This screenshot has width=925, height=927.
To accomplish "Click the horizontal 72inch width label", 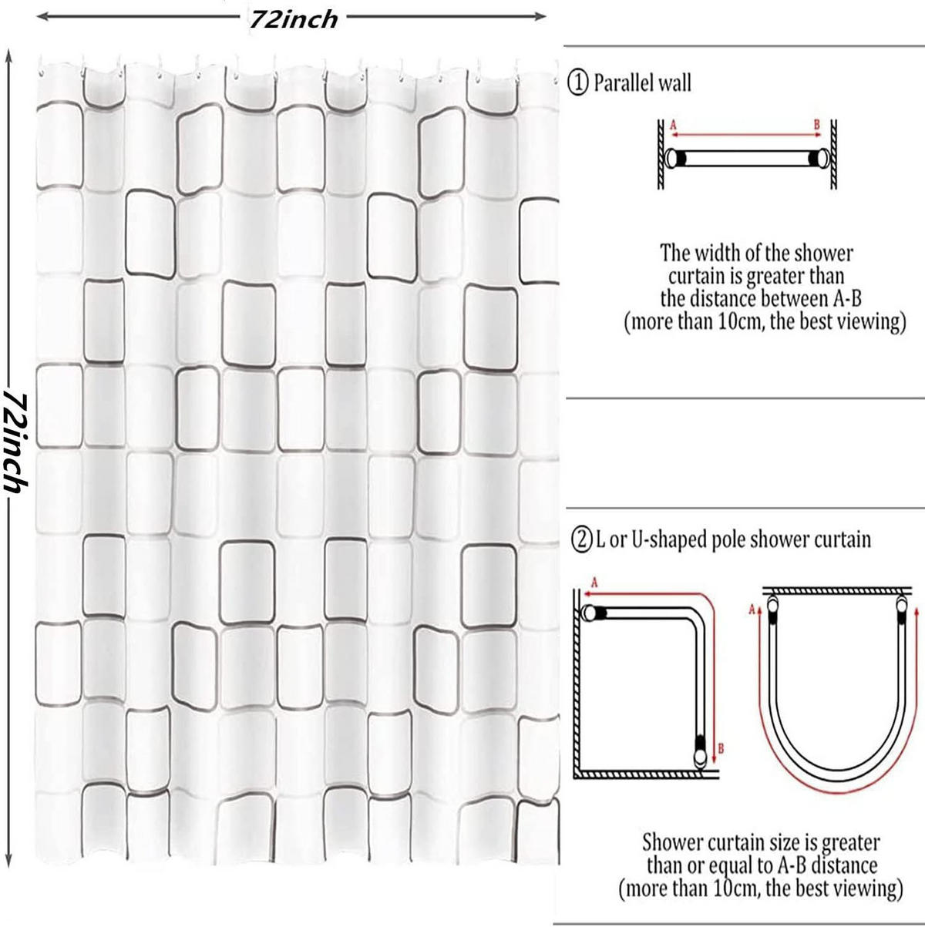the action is [293, 20].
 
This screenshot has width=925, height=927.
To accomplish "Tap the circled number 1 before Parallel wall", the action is [577, 83].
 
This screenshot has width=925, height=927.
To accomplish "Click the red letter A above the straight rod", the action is [673, 126].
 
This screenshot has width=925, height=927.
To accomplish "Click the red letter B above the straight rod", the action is [817, 126].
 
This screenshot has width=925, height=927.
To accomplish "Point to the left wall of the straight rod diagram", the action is [661, 154].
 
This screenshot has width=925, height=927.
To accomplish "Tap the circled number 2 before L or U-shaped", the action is [581, 539].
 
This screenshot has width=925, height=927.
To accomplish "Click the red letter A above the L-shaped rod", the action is [595, 583].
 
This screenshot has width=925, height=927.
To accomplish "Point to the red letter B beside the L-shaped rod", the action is [721, 748].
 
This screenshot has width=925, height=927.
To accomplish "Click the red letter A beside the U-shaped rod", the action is [752, 610].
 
